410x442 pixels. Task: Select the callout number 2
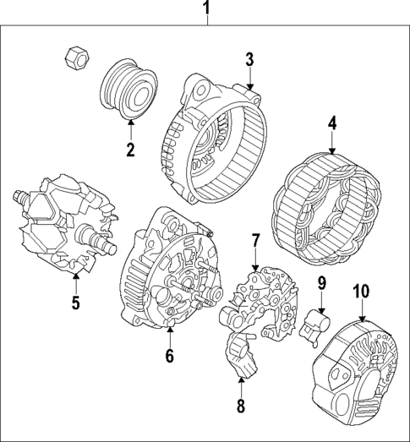coord(130,151)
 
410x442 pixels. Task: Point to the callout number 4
coord(332,123)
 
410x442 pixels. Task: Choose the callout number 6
coord(169,356)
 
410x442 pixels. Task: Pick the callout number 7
coord(254,244)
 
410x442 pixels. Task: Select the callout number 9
coord(321,282)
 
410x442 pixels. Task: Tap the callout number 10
coord(361,292)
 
